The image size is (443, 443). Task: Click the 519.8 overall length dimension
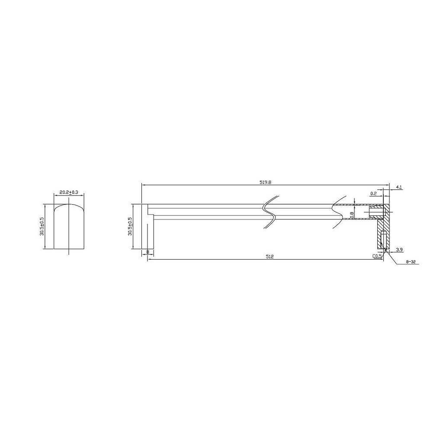click(x=265, y=183)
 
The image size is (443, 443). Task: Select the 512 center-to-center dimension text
click(x=270, y=257)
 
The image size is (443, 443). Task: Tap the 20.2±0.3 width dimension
click(x=69, y=193)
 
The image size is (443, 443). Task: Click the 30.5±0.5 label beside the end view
click(x=42, y=226)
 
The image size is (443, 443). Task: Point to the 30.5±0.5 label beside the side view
click(x=130, y=226)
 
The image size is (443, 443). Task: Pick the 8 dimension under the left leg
click(x=148, y=251)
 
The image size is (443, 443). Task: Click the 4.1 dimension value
click(x=399, y=187)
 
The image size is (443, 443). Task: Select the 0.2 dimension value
click(x=373, y=193)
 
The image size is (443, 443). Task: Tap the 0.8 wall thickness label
click(x=352, y=215)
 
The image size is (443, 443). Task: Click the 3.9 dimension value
click(x=399, y=250)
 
